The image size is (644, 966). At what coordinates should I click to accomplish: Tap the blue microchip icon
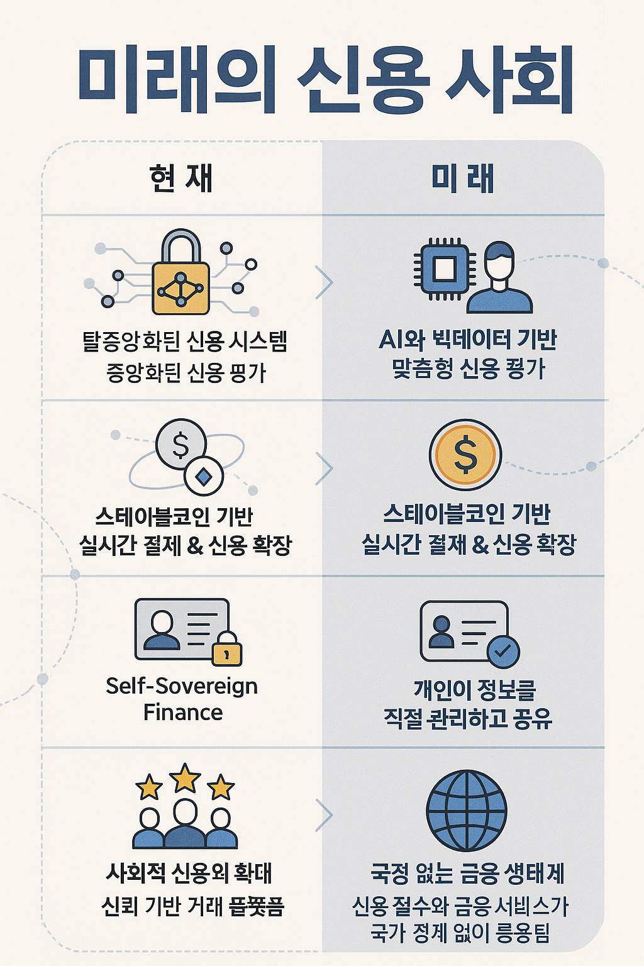(445, 269)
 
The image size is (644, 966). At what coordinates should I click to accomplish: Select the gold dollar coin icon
(465, 455)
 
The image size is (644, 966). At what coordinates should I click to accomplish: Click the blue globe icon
(467, 810)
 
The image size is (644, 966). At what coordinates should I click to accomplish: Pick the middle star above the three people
(185, 779)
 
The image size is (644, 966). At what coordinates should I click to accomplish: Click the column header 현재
(181, 178)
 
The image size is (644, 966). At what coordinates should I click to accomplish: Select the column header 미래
(463, 178)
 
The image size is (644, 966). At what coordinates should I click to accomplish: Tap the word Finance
(183, 713)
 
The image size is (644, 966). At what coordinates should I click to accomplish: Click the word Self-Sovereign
(182, 686)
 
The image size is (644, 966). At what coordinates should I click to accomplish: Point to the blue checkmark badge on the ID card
(503, 652)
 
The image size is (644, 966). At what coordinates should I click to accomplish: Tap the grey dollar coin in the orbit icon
(180, 445)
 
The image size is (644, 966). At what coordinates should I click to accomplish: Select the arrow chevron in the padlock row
(324, 282)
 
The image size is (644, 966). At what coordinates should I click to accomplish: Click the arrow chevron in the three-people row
(324, 815)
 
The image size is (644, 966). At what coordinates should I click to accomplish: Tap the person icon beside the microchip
(500, 279)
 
